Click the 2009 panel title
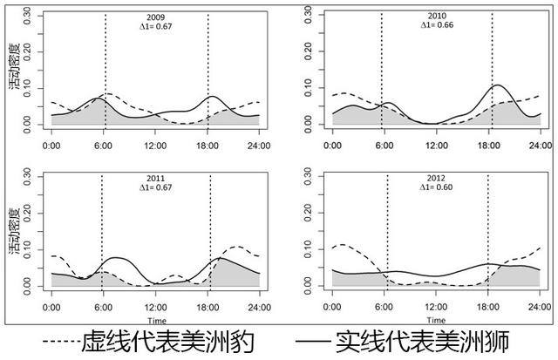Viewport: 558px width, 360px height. tap(156, 17)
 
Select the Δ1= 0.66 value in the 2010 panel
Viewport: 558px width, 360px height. tap(437, 25)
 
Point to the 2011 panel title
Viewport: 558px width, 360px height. tap(156, 179)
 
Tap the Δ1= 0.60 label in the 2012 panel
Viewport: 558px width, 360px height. tap(436, 187)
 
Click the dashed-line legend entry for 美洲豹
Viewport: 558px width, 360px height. tap(148, 342)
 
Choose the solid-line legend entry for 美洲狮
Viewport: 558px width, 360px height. tap(402, 342)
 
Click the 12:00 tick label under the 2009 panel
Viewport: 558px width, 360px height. tap(155, 146)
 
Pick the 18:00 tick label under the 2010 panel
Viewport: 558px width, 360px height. tap(488, 146)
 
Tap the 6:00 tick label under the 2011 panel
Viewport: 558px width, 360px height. tap(103, 308)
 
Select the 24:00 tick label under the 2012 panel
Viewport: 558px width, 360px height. tap(540, 307)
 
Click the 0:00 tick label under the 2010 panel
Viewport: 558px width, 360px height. tap(332, 146)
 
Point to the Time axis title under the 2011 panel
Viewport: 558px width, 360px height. tap(157, 321)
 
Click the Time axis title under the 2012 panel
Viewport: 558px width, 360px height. tap(436, 320)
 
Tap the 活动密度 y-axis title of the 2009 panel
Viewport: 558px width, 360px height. tap(15, 66)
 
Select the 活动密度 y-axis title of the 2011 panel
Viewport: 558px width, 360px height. tap(15, 231)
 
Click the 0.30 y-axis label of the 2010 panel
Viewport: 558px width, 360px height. tap(308, 16)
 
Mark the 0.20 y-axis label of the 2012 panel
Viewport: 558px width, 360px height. tap(308, 213)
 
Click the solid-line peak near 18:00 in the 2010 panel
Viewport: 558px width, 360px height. tap(497, 85)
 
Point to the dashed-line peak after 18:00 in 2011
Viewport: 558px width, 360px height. tap(238, 246)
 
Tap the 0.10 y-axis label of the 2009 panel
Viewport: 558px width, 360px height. tap(27, 88)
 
